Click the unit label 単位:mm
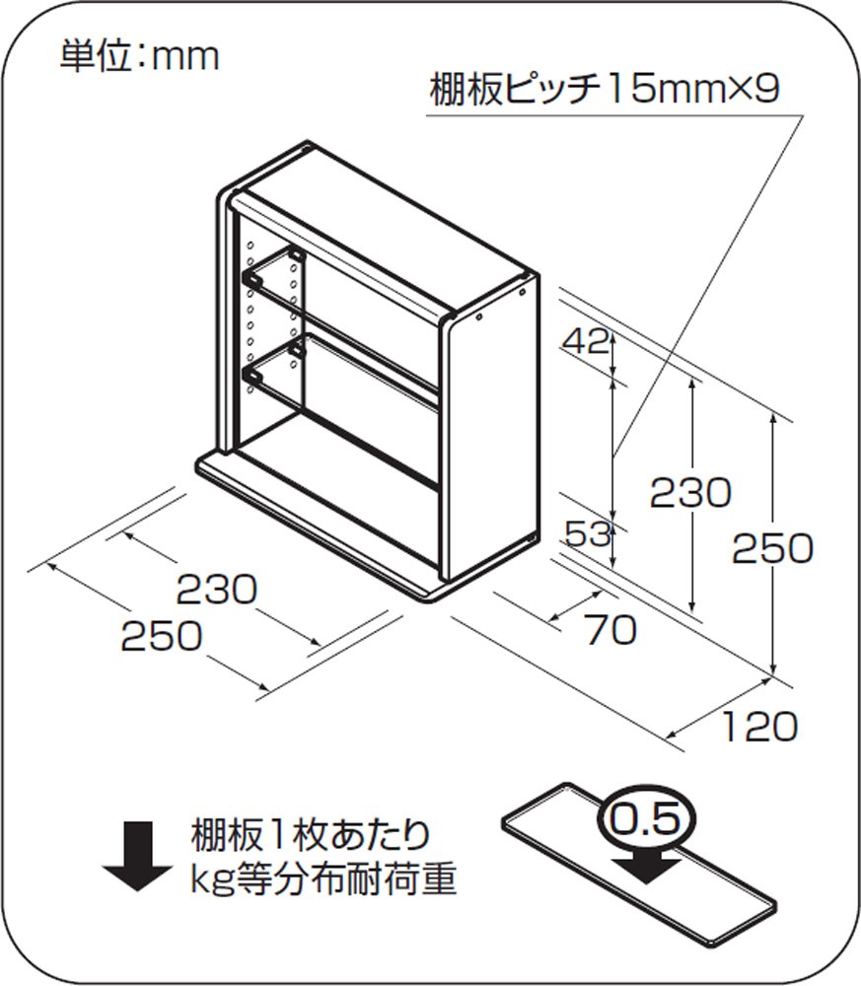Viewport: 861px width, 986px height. click(x=139, y=57)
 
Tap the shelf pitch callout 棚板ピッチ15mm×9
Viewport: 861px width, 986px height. click(x=605, y=90)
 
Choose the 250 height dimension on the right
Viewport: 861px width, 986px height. click(x=772, y=548)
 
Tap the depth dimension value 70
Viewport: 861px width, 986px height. click(x=610, y=630)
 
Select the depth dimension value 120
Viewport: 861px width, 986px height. click(x=759, y=727)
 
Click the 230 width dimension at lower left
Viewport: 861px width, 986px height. click(x=216, y=590)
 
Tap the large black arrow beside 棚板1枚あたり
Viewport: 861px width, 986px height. click(x=137, y=858)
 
